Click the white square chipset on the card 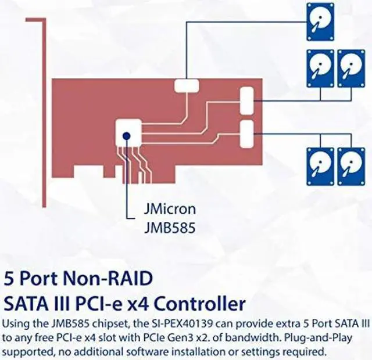(128, 133)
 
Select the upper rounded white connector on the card (246, 99)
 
